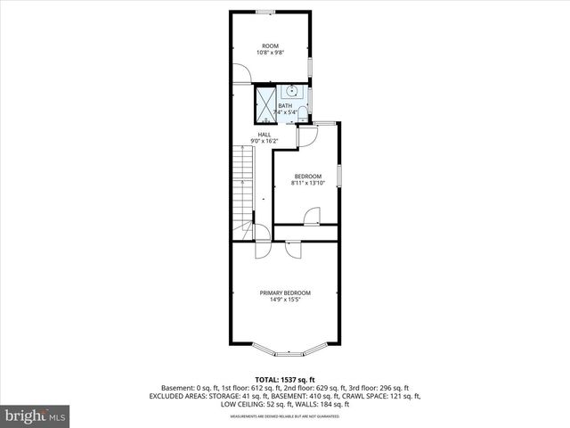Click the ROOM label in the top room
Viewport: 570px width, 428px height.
pyautogui.click(x=270, y=45)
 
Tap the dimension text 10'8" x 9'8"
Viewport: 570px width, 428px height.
pyautogui.click(x=270, y=53)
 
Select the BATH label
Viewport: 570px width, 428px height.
pyautogui.click(x=284, y=106)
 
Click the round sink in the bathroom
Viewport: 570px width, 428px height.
pyautogui.click(x=291, y=90)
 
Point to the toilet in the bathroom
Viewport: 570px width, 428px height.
pyautogui.click(x=303, y=112)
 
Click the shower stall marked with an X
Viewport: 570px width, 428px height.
pyautogui.click(x=265, y=103)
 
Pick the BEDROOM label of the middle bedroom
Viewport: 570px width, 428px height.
pyautogui.click(x=308, y=177)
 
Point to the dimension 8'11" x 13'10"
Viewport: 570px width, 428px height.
pyautogui.click(x=308, y=184)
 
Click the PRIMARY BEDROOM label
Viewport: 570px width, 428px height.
pyautogui.click(x=285, y=293)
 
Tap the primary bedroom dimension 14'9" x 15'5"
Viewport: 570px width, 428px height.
pyautogui.click(x=285, y=300)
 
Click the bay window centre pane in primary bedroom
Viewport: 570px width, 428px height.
pyautogui.click(x=285, y=350)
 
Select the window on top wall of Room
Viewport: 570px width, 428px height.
pyautogui.click(x=265, y=12)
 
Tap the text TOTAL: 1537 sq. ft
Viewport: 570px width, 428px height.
pyautogui.click(x=285, y=380)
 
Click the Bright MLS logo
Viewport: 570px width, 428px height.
pyautogui.click(x=36, y=416)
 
